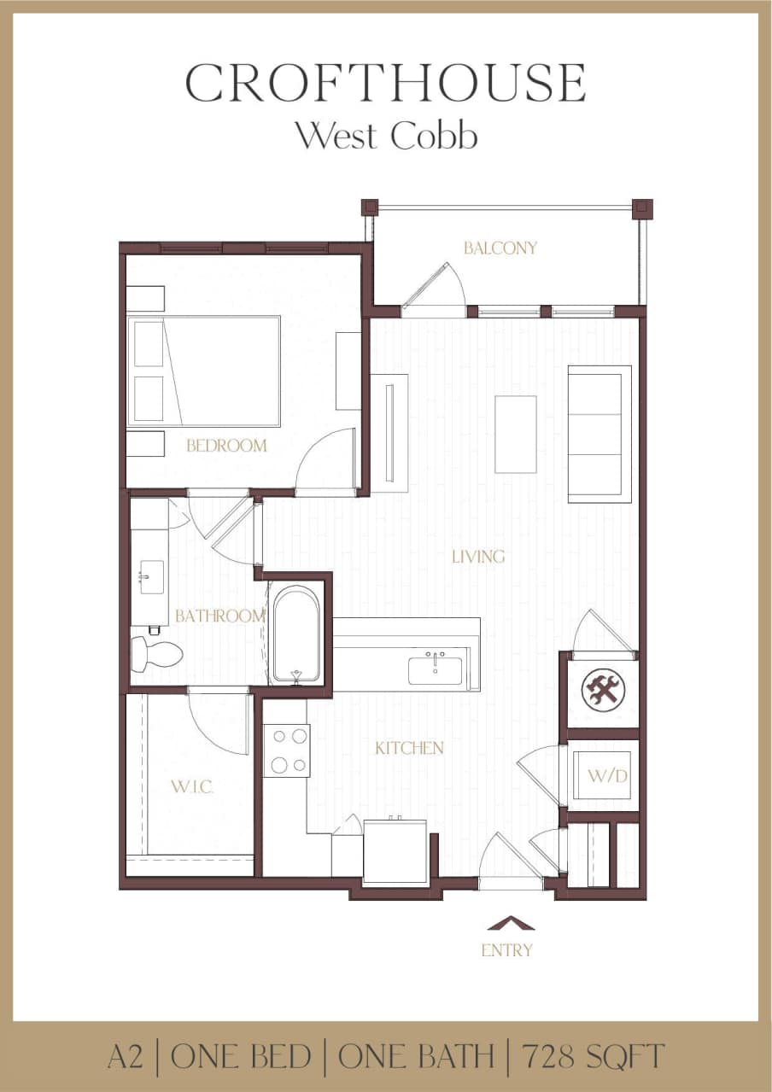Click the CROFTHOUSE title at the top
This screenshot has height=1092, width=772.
click(x=385, y=84)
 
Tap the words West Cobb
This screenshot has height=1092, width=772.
click(x=385, y=136)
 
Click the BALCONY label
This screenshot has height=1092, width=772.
click(x=500, y=248)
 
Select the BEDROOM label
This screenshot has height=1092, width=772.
click(x=226, y=446)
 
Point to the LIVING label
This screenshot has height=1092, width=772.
click(x=478, y=557)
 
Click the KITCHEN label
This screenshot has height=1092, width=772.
click(x=409, y=749)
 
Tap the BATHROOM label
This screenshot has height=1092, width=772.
click(x=220, y=616)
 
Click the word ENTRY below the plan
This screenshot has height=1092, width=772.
click(x=507, y=950)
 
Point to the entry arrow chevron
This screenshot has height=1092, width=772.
click(x=511, y=923)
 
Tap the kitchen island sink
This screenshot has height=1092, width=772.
click(x=436, y=669)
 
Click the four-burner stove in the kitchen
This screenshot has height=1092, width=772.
click(x=286, y=750)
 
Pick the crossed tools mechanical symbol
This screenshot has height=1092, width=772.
click(x=604, y=690)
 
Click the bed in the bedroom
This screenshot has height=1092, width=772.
click(x=205, y=371)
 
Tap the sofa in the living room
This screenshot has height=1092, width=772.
click(x=599, y=434)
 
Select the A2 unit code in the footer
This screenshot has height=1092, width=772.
click(x=126, y=1057)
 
